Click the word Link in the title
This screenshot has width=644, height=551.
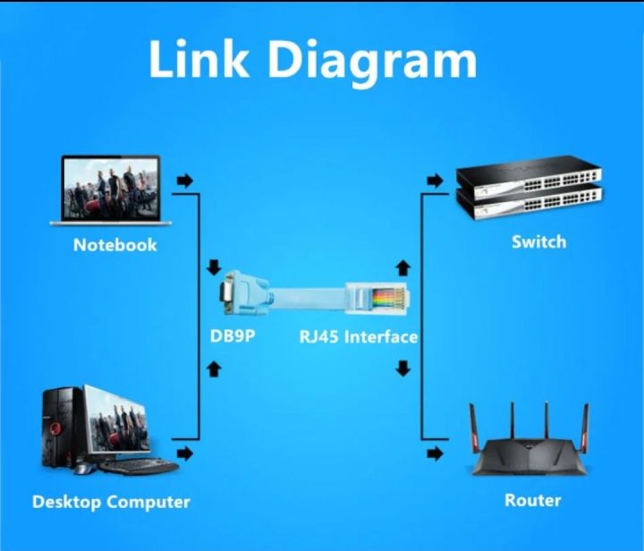click(199, 60)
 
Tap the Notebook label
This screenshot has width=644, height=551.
click(114, 244)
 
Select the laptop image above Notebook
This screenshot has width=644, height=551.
click(111, 190)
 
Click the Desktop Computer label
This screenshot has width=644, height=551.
click(111, 502)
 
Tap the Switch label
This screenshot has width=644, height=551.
click(538, 242)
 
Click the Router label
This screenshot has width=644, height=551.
click(532, 500)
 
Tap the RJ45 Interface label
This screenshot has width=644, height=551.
click(358, 337)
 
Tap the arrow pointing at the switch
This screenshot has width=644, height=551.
click(435, 182)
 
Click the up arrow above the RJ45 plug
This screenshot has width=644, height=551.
click(403, 267)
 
